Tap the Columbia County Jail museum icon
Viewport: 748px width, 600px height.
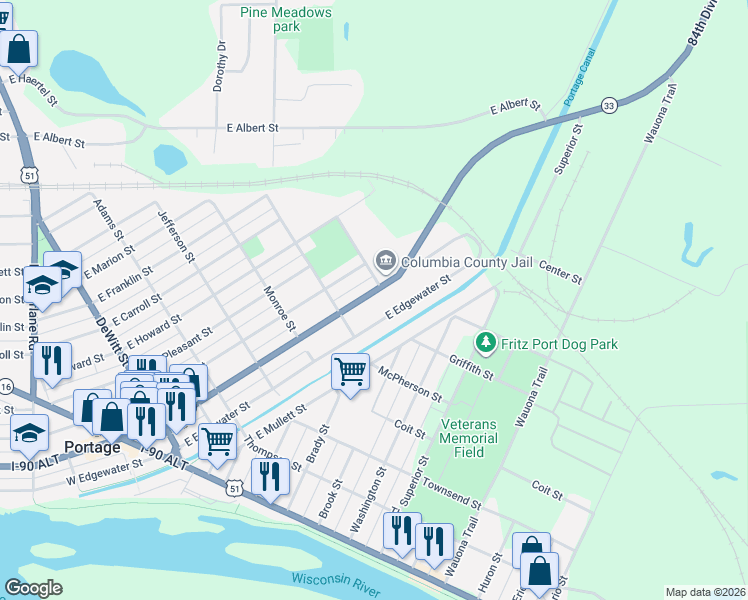(385, 262)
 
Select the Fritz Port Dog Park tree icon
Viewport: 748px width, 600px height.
(486, 344)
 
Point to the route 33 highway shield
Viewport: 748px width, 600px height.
(608, 105)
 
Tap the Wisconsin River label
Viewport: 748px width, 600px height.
(336, 584)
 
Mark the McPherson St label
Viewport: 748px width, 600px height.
(410, 382)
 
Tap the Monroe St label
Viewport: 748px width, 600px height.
(279, 309)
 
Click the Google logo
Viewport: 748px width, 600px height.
(34, 588)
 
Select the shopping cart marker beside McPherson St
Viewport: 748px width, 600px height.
(350, 371)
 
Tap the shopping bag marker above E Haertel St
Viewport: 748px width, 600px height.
(19, 47)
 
